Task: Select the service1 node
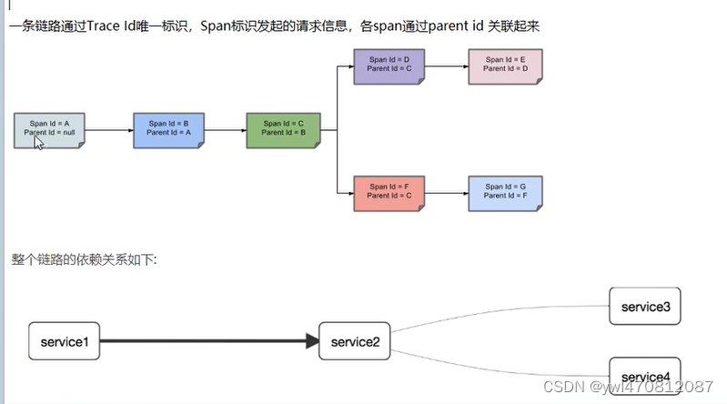click(x=64, y=341)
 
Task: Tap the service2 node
click(x=355, y=341)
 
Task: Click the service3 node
click(x=645, y=307)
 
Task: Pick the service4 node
click(x=645, y=376)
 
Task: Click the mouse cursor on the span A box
click(x=39, y=143)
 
